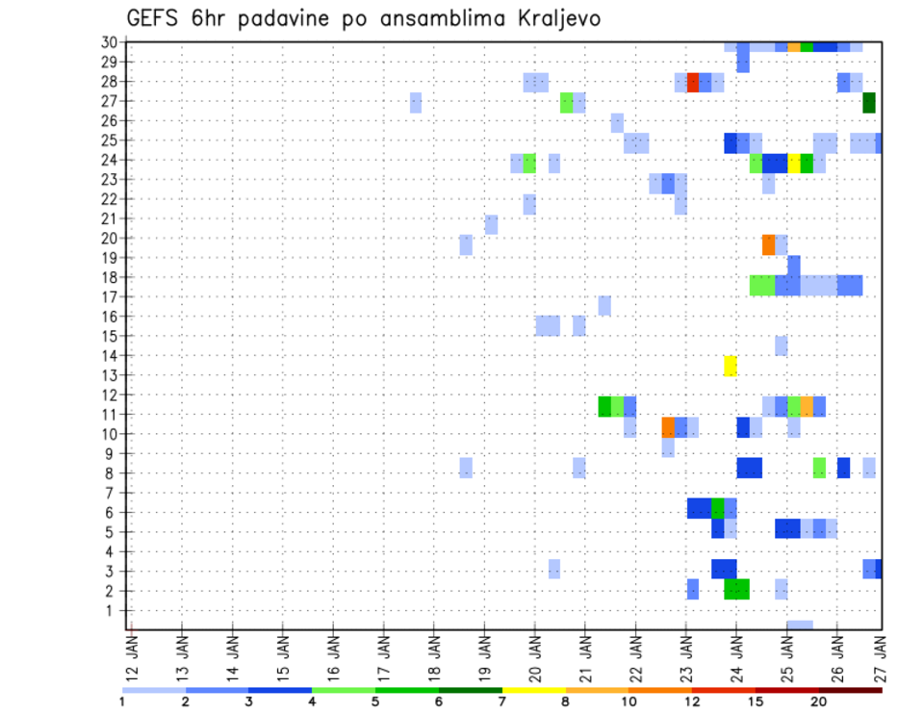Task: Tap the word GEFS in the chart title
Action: pyautogui.click(x=156, y=19)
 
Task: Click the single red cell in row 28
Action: pyautogui.click(x=692, y=82)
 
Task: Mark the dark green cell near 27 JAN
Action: pyautogui.click(x=869, y=102)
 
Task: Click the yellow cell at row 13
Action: pyautogui.click(x=731, y=366)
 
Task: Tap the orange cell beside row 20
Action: pyautogui.click(x=768, y=244)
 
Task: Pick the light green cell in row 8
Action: pyautogui.click(x=819, y=468)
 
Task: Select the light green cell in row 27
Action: pyautogui.click(x=567, y=102)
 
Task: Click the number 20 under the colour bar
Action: pyautogui.click(x=819, y=701)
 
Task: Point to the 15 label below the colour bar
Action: pyautogui.click(x=756, y=701)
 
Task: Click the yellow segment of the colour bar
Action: pyautogui.click(x=533, y=690)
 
